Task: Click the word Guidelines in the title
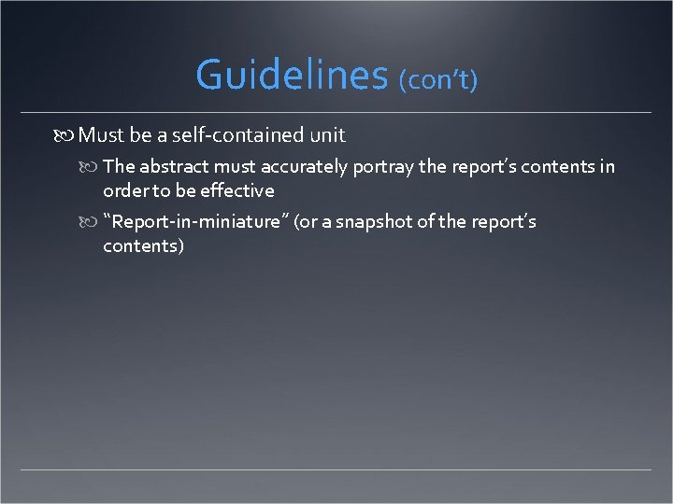point(292,75)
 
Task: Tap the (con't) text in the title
point(438,80)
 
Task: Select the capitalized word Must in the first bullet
point(101,135)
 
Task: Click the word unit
point(326,135)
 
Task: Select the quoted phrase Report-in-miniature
point(197,222)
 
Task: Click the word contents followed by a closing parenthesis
point(144,245)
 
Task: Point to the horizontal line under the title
point(336,113)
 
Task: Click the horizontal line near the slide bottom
point(336,469)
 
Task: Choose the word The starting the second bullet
point(119,167)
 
